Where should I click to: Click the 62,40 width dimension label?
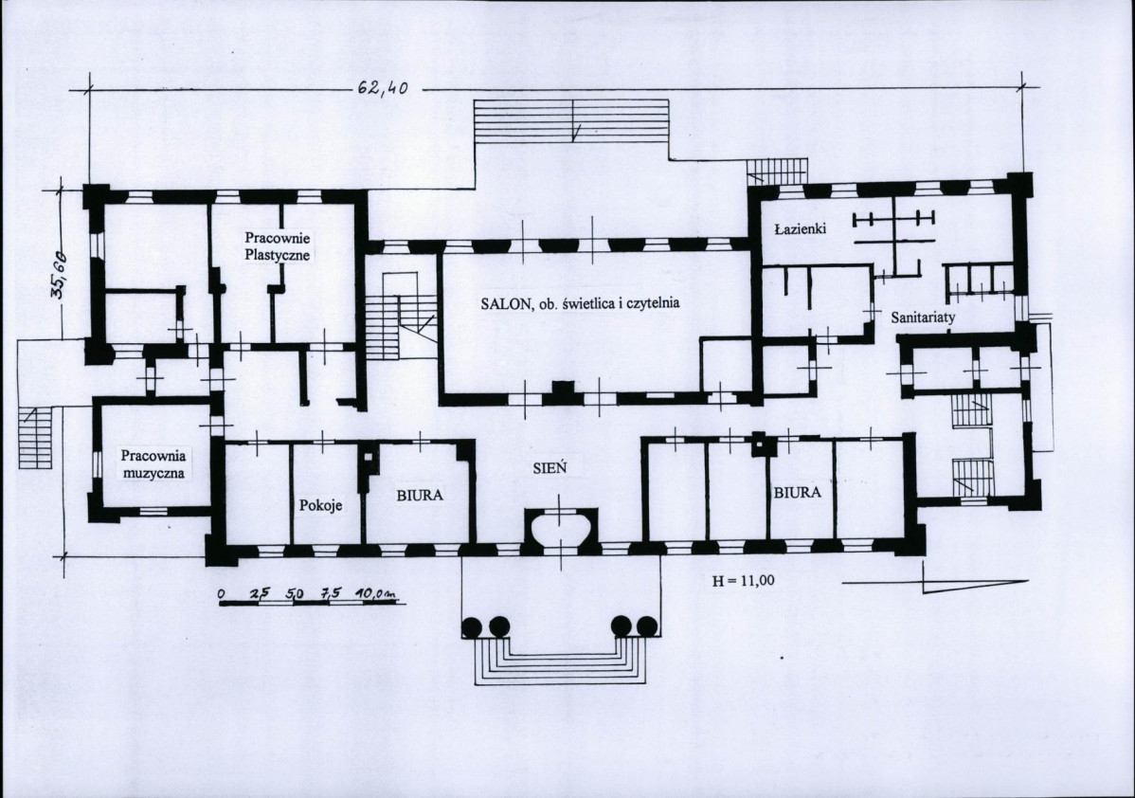(383, 88)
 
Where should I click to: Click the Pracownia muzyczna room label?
(153, 464)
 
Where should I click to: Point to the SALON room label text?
(581, 303)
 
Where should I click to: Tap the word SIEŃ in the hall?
(549, 468)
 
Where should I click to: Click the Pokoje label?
(320, 505)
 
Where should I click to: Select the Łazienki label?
(800, 228)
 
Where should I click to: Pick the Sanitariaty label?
(923, 317)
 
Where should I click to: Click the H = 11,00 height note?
(744, 580)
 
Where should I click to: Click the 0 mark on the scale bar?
(223, 594)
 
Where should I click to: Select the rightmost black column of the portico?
(646, 626)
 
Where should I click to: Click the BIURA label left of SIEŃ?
(419, 496)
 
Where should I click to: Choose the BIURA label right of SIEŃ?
(798, 493)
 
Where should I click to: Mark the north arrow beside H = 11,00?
(975, 581)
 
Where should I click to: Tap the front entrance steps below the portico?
(561, 662)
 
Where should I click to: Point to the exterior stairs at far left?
(36, 439)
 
